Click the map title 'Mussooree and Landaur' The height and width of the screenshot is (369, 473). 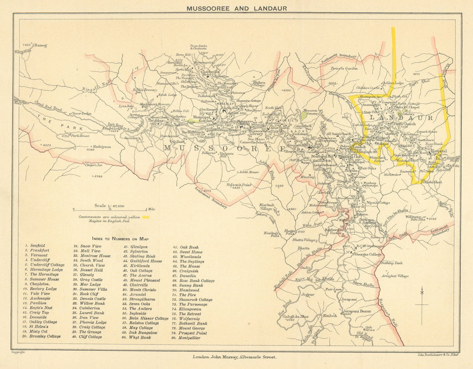tap(236, 8)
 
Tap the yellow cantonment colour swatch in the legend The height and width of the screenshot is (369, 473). tap(146, 217)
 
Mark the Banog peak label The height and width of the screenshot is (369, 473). tap(40, 45)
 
